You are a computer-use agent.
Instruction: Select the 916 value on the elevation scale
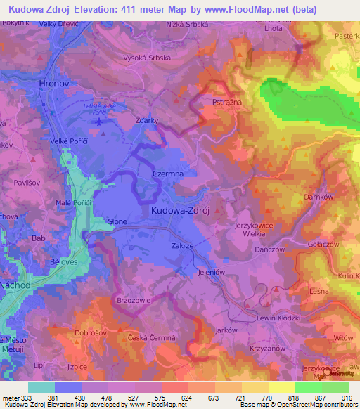[346, 397]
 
